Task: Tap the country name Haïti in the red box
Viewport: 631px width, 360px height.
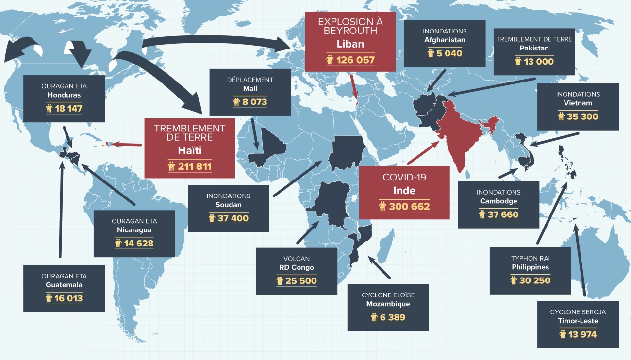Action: (190, 150)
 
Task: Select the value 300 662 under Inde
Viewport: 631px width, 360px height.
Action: (410, 207)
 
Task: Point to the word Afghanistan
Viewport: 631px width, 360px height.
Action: (445, 40)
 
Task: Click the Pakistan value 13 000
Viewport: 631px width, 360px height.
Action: (539, 62)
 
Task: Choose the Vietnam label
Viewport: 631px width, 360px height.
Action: (578, 103)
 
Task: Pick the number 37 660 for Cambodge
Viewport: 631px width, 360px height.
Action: (503, 214)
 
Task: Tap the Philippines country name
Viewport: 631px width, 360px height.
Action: (530, 267)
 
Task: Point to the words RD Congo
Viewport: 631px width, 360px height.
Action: (296, 267)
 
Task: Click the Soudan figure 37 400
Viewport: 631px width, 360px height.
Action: (233, 218)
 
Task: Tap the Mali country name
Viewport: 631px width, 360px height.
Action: (250, 89)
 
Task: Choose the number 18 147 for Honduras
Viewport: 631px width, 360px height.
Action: (68, 108)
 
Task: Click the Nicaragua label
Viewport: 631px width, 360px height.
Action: (134, 229)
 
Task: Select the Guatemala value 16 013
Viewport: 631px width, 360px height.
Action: (68, 298)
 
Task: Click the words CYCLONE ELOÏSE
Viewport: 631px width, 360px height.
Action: (388, 295)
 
